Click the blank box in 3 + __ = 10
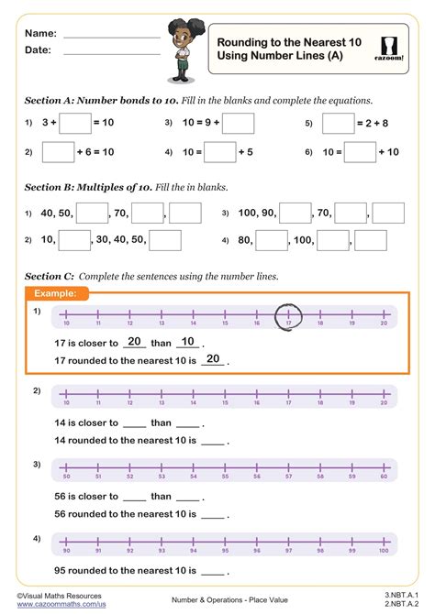[x=76, y=123]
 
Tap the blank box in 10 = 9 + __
[x=238, y=123]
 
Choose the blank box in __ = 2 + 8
[x=339, y=123]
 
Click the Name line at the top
[x=111, y=34]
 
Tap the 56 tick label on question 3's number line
[x=255, y=477]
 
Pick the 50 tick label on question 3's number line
[x=65, y=477]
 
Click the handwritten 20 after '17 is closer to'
[x=134, y=341]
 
